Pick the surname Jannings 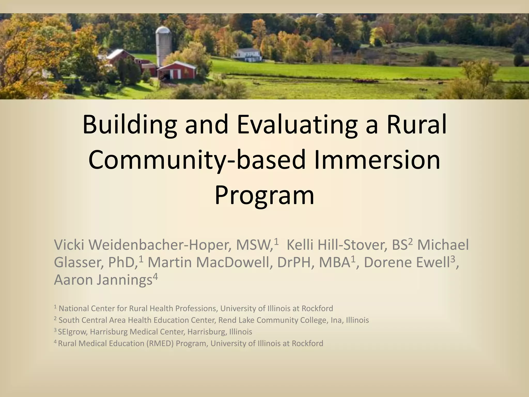124,280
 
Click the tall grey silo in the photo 163,47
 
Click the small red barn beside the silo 177,70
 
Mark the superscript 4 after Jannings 155,276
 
